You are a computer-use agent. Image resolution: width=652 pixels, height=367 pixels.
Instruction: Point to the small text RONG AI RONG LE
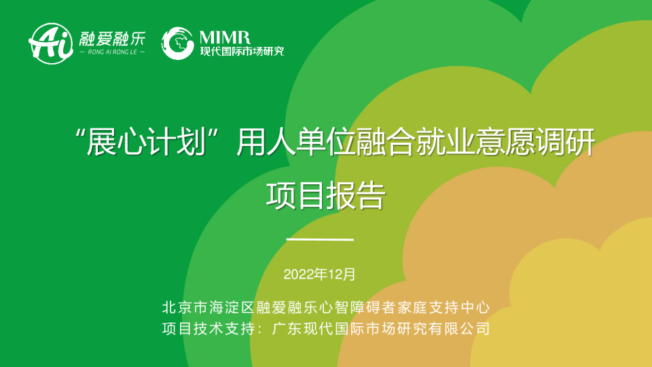coord(112,52)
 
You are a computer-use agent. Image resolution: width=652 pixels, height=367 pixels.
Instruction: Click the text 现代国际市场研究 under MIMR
coord(242,52)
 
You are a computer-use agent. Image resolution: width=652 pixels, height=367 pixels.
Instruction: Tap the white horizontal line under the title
coord(320,240)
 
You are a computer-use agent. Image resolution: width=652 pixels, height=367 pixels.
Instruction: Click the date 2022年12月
coord(319,275)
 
